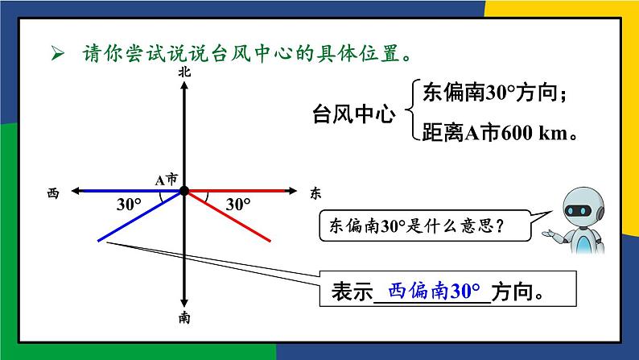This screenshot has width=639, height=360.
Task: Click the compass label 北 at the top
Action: pyautogui.click(x=185, y=72)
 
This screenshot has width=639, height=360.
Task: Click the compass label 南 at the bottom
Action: pyautogui.click(x=185, y=317)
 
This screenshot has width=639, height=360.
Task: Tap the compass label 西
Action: pyautogui.click(x=53, y=192)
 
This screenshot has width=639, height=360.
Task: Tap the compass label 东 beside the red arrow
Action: pyautogui.click(x=315, y=192)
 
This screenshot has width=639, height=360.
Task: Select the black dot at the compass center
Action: pyautogui.click(x=184, y=191)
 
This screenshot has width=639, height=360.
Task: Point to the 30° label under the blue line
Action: pyautogui.click(x=129, y=205)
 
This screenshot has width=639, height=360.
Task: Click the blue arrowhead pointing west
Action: pyautogui.click(x=76, y=191)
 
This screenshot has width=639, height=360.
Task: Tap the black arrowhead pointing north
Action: pyautogui.click(x=185, y=85)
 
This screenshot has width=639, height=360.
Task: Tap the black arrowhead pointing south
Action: pyautogui.click(x=185, y=302)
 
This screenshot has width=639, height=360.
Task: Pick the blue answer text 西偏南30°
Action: pyautogui.click(x=434, y=290)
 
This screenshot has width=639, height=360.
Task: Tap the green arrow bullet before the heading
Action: pyautogui.click(x=57, y=54)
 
